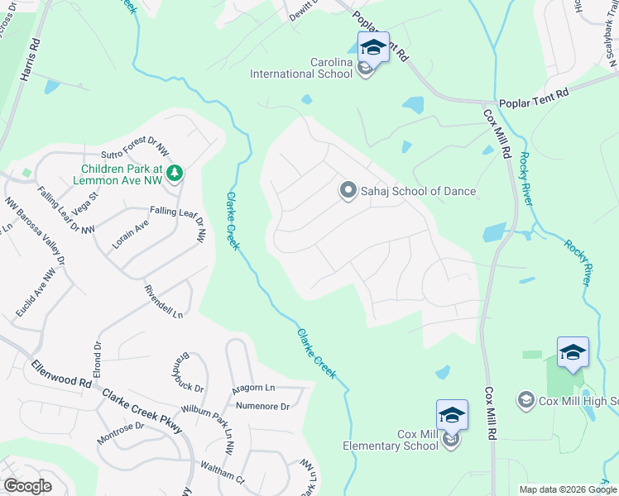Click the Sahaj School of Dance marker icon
[x=348, y=191]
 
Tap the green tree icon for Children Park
[x=174, y=173]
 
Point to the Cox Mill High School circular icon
[x=525, y=401]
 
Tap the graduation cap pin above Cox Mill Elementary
[x=452, y=414]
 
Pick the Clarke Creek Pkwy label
[x=142, y=409]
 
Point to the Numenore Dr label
[x=262, y=407]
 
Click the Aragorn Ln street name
[x=253, y=388]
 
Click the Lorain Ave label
[x=130, y=240]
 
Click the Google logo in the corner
[x=27, y=486]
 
